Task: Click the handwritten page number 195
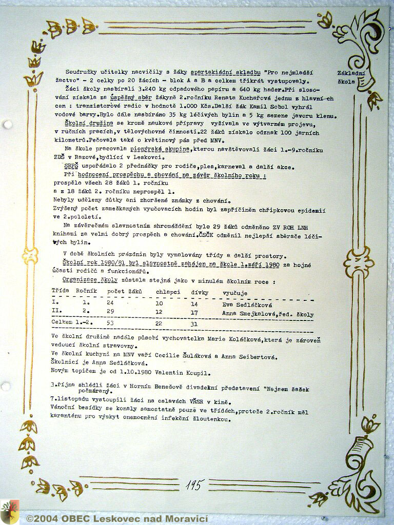click(x=194, y=484)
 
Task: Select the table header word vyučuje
click(x=234, y=292)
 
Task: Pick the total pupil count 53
click(x=110, y=324)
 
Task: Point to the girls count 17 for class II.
click(x=194, y=312)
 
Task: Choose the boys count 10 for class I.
click(x=159, y=304)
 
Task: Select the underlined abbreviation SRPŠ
click(x=70, y=167)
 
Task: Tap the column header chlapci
click(x=168, y=292)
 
